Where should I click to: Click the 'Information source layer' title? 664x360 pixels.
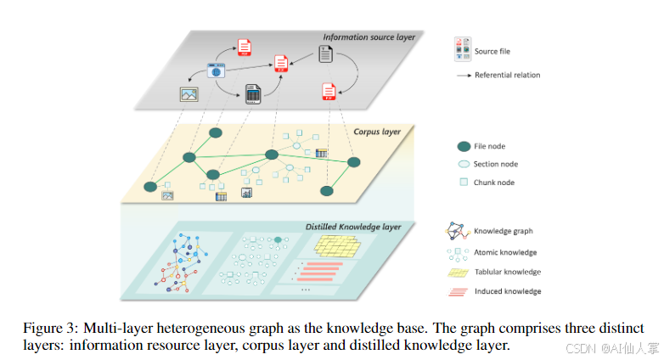pyautogui.click(x=369, y=37)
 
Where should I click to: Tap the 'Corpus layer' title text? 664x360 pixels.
pyautogui.click(x=377, y=132)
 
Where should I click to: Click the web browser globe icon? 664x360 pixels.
pyautogui.click(x=217, y=71)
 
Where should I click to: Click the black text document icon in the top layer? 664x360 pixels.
pyautogui.click(x=325, y=54)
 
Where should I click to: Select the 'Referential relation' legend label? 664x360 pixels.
pyautogui.click(x=507, y=76)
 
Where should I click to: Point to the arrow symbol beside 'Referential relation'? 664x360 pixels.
pyautogui.click(x=463, y=76)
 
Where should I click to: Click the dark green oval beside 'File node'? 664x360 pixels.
pyautogui.click(x=464, y=146)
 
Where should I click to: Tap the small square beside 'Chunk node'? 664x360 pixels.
pyautogui.click(x=464, y=182)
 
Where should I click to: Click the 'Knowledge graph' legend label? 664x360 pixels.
pyautogui.click(x=504, y=231)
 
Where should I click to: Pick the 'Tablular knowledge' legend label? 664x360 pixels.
pyautogui.click(x=507, y=273)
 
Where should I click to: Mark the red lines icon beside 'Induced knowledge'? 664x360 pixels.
pyautogui.click(x=459, y=292)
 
